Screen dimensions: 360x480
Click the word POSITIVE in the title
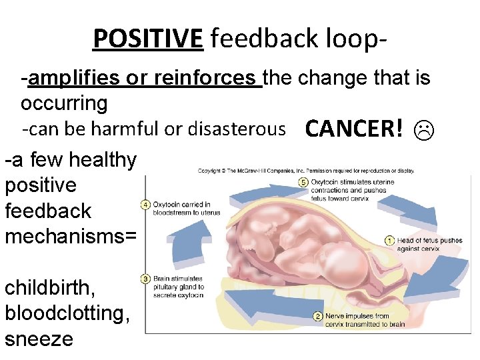[147, 39]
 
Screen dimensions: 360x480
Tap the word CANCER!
[354, 129]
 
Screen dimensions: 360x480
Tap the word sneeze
[39, 339]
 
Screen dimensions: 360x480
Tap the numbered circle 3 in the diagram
[145, 279]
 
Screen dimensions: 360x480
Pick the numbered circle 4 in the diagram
[145, 205]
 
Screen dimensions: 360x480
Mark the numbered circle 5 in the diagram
[303, 182]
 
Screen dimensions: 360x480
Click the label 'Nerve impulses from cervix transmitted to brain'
[366, 320]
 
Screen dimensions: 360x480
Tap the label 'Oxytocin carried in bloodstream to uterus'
[181, 209]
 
